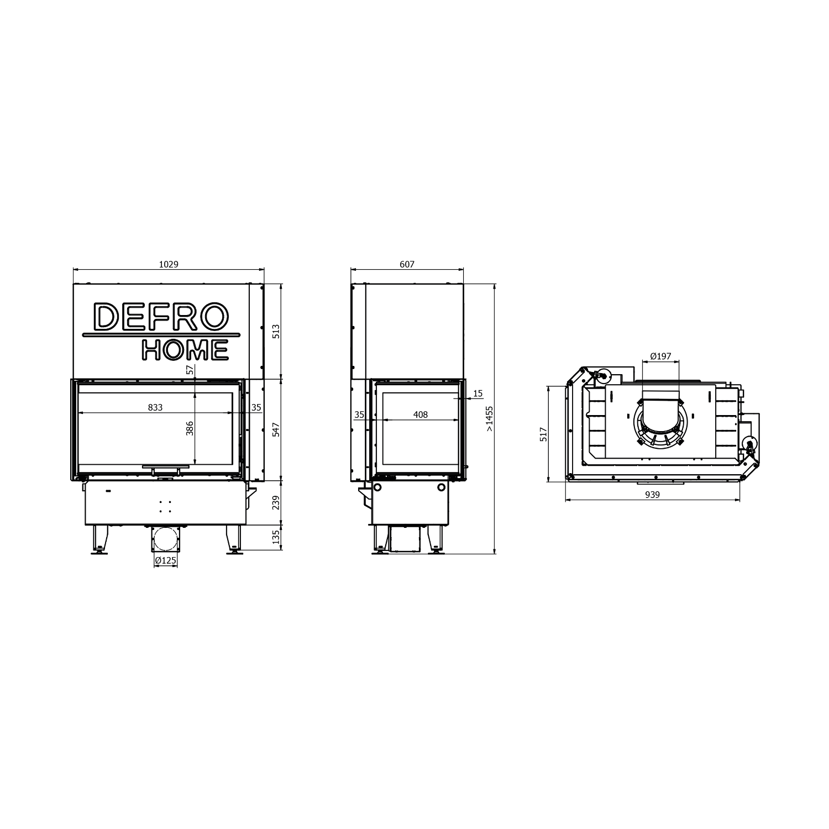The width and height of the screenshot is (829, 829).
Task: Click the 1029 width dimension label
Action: click(169, 265)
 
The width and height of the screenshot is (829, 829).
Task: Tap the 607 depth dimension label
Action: click(407, 265)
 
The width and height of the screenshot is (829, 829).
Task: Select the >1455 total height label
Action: click(489, 418)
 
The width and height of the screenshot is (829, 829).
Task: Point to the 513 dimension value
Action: click(276, 331)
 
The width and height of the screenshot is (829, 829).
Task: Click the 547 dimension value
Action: click(276, 429)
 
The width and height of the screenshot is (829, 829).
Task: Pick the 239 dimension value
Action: click(276, 502)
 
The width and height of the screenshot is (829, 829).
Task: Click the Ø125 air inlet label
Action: click(166, 560)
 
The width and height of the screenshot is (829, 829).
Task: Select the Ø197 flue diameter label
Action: click(660, 356)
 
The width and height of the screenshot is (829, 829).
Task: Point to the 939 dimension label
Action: click(653, 495)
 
